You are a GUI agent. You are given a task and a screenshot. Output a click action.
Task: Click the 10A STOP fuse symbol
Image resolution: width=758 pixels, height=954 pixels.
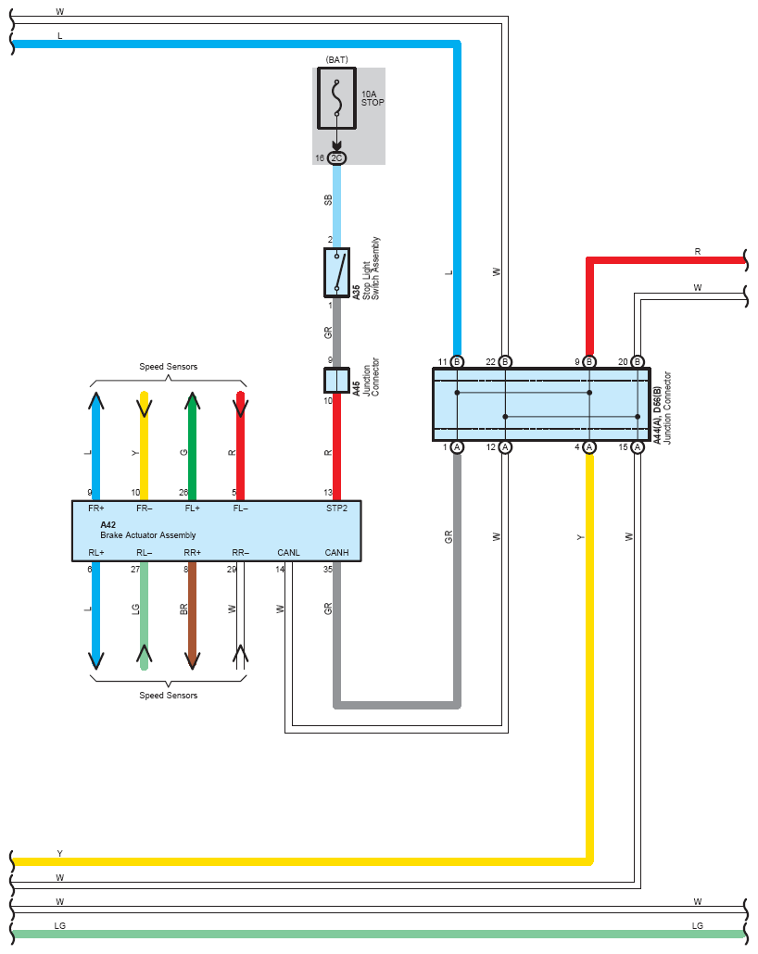coord(336,98)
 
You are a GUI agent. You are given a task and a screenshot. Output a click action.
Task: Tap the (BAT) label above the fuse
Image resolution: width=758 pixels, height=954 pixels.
coord(336,59)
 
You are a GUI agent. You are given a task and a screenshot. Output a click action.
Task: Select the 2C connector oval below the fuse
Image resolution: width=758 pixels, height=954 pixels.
coord(336,158)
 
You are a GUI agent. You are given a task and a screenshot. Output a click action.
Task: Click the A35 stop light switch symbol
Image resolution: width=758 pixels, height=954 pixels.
coord(336,272)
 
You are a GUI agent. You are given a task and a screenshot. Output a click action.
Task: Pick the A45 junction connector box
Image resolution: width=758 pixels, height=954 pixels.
coord(336,381)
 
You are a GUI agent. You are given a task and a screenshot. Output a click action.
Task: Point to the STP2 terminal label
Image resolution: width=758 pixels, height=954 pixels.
coord(336,508)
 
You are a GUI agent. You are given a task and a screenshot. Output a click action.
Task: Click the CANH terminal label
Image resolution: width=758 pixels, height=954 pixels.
coord(336,552)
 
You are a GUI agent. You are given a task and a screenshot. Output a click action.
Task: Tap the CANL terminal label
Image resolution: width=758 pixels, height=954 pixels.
coord(288,552)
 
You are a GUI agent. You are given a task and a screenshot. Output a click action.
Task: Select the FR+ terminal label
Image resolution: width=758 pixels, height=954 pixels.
coord(96,508)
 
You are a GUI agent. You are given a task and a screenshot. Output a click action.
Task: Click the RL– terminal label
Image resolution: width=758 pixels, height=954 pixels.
coord(145,552)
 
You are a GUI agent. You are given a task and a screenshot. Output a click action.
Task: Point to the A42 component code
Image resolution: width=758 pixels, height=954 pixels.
coord(107,524)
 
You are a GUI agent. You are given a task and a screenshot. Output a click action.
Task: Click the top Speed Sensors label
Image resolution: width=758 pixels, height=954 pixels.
coord(168,366)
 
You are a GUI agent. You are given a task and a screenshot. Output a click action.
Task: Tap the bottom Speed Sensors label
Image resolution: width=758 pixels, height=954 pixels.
coord(168,695)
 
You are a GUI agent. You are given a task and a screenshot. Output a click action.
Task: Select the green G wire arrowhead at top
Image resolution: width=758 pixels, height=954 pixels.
coord(193,401)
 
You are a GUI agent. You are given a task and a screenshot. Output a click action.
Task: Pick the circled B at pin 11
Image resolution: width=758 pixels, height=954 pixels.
coord(457,362)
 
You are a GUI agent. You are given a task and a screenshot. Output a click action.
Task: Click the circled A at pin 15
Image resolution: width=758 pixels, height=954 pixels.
coord(638,447)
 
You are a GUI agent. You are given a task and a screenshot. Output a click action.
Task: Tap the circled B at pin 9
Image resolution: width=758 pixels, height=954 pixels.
coord(589,362)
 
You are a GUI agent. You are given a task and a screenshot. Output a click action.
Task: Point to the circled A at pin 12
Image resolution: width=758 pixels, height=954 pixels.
coord(505,447)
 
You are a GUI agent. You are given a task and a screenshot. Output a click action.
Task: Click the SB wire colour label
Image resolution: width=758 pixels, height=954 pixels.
coord(328,199)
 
